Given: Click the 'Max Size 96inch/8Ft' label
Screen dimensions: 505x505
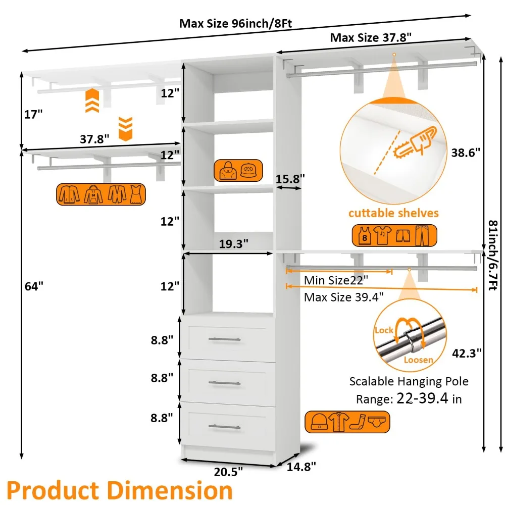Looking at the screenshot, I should pyautogui.click(x=236, y=23).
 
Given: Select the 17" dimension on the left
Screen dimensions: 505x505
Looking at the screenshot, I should pyautogui.click(x=33, y=115).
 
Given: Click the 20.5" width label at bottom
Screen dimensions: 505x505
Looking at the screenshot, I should pyautogui.click(x=227, y=472).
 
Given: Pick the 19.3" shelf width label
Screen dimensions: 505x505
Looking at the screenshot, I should pyautogui.click(x=233, y=244).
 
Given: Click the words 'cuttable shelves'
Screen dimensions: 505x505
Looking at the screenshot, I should pyautogui.click(x=393, y=213).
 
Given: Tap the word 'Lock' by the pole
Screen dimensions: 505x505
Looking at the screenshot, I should pyautogui.click(x=384, y=330).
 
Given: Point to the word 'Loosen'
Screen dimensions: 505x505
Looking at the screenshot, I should pyautogui.click(x=418, y=360).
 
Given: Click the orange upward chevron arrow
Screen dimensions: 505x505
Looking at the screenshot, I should pyautogui.click(x=91, y=100).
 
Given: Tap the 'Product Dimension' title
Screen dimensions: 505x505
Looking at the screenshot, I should pyautogui.click(x=120, y=490).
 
